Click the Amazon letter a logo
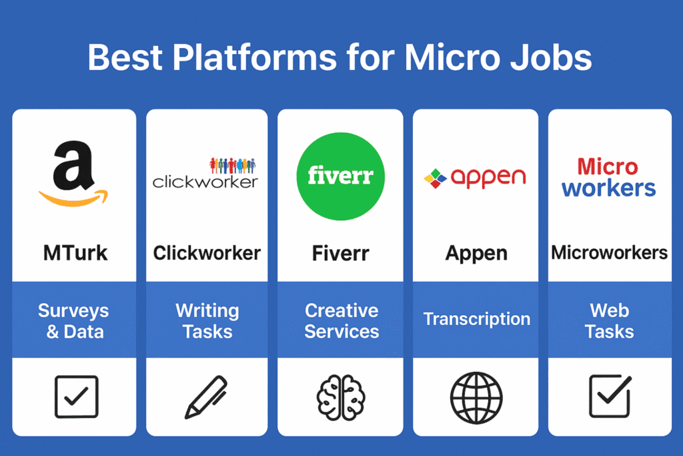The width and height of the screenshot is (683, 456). (x=73, y=165)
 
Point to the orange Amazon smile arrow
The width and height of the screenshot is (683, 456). (x=73, y=198)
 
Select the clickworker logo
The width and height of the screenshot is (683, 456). (x=205, y=174)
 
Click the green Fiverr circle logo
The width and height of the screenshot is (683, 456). (x=341, y=176)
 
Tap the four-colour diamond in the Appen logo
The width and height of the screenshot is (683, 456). (x=435, y=178)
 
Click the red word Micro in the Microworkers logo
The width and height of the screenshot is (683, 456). (x=608, y=167)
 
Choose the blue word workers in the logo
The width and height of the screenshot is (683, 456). (x=608, y=188)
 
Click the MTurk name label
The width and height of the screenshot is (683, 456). (x=75, y=253)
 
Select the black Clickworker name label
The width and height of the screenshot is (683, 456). (x=207, y=253)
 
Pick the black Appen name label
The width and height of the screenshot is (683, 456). (x=476, y=254)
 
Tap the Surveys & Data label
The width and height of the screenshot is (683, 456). (x=73, y=321)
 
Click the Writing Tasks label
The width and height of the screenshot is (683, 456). (x=207, y=321)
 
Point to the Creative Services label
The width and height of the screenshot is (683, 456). (x=341, y=321)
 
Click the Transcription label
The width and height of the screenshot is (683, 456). (x=477, y=319)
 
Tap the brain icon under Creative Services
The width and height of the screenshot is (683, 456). (x=341, y=398)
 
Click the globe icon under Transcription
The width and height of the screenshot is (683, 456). (x=476, y=398)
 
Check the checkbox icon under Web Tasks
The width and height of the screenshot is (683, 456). (x=610, y=396)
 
